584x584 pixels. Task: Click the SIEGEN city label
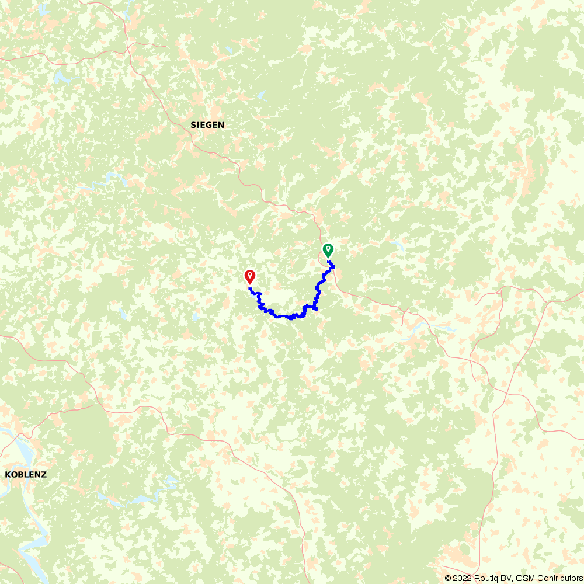tap(207, 125)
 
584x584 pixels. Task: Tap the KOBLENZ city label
tap(26, 475)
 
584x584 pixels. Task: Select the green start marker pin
tap(328, 250)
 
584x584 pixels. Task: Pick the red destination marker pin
tap(250, 276)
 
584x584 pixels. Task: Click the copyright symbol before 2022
tap(448, 578)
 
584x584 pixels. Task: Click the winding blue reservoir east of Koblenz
tap(140, 499)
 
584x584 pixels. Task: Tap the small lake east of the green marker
tap(399, 245)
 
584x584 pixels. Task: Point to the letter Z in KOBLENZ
tap(44, 475)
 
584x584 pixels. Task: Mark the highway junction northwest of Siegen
tap(130, 44)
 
